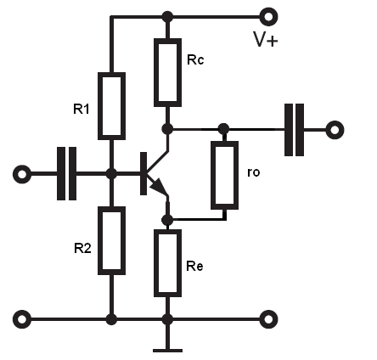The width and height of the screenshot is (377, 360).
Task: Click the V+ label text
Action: tap(266, 39)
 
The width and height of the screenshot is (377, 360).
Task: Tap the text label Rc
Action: tap(195, 59)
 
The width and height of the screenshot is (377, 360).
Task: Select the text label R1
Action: tap(82, 109)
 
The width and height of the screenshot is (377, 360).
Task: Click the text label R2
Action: tap(82, 248)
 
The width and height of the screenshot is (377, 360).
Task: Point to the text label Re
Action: tap(194, 267)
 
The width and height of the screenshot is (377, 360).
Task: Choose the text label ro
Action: tap(253, 172)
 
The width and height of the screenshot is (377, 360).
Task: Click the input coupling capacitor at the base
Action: tap(66, 173)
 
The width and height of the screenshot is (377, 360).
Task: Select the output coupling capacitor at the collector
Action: tap(294, 130)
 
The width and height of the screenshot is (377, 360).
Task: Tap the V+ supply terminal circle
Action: tap(268, 17)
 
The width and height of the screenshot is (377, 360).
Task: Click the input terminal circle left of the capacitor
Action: tap(22, 174)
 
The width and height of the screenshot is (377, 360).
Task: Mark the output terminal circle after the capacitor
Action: tap(335, 130)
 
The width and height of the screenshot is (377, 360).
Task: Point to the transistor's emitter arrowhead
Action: tap(158, 186)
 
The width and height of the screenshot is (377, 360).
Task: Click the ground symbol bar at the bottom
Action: tap(167, 351)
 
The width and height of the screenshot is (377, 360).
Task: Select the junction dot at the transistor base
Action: tap(111, 174)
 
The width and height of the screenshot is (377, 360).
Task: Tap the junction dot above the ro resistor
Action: tap(224, 129)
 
